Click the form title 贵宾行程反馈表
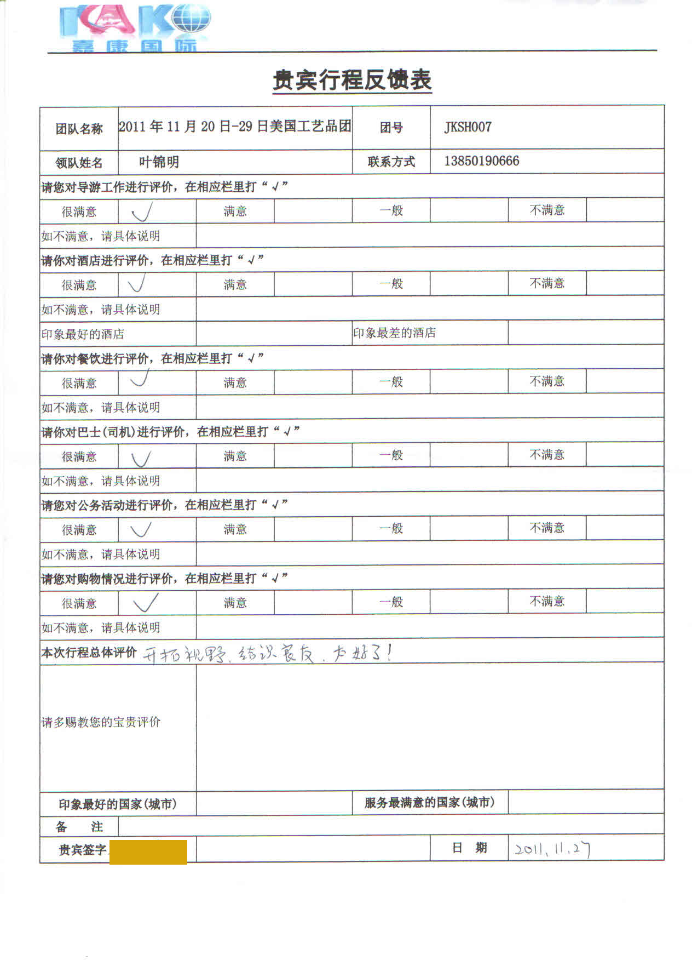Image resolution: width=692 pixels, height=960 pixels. click(352, 81)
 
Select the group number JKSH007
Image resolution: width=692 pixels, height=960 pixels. click(468, 127)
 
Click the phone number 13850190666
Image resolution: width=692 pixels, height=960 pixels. click(481, 161)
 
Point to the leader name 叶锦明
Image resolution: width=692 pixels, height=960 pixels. click(159, 162)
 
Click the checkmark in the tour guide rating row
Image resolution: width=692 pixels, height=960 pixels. click(141, 211)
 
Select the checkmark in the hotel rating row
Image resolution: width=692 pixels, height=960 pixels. click(137, 284)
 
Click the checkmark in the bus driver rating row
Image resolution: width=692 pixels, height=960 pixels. click(141, 456)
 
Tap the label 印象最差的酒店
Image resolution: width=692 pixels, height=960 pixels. click(394, 333)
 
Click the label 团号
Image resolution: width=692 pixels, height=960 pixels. click(391, 128)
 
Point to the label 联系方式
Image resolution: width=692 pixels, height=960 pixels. click(391, 162)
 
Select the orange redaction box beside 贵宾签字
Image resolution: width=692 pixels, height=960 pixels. click(148, 852)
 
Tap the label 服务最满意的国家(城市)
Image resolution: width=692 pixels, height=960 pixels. click(429, 803)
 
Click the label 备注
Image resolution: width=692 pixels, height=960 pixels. click(79, 826)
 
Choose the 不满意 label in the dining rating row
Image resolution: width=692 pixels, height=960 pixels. click(546, 381)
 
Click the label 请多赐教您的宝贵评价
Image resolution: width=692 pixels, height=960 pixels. click(101, 722)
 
